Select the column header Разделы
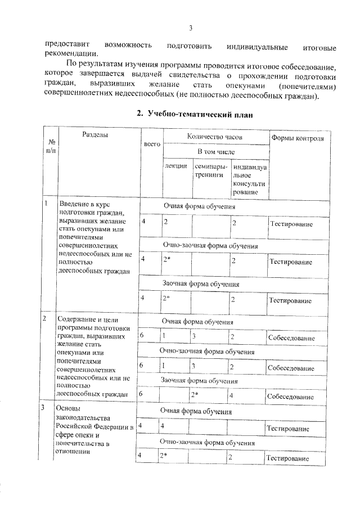click(x=95, y=135)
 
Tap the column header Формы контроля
click(x=297, y=138)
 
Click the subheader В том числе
click(x=215, y=152)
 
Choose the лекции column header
click(x=175, y=167)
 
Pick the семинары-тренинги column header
click(x=210, y=170)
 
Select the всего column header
click(x=152, y=145)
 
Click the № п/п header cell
click(x=51, y=146)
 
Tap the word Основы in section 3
click(x=68, y=408)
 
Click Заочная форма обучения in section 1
click(x=201, y=284)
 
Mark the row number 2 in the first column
click(x=45, y=319)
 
